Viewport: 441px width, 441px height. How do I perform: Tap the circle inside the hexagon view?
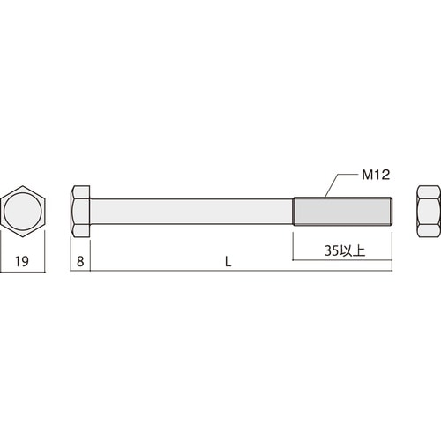(24, 213)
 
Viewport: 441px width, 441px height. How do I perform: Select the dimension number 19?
(24, 261)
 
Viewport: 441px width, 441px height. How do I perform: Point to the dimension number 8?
(80, 261)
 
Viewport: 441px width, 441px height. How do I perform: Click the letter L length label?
(228, 261)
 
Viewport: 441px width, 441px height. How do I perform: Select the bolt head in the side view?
(80, 213)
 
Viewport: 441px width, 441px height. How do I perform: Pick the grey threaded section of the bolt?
(340, 213)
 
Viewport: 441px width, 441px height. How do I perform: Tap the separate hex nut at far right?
(428, 213)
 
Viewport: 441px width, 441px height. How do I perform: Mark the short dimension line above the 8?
(80, 273)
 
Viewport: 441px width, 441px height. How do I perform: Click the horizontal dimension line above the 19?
(24, 273)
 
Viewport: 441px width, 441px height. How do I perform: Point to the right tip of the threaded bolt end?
(390, 213)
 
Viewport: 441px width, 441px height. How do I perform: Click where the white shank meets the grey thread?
(293, 213)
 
